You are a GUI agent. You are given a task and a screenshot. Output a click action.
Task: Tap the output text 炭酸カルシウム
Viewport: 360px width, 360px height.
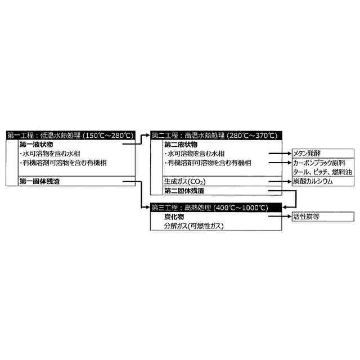313,182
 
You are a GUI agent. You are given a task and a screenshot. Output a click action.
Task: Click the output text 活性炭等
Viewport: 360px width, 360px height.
306,217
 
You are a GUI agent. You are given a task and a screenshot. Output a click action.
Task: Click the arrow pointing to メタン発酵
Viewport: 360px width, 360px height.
279,153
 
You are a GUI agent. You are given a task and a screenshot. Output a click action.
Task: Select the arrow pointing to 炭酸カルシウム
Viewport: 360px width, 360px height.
279,182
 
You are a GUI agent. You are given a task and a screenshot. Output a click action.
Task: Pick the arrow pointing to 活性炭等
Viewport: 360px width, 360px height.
279,217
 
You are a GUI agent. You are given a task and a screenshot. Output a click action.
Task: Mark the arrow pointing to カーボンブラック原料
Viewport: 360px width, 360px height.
279,163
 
